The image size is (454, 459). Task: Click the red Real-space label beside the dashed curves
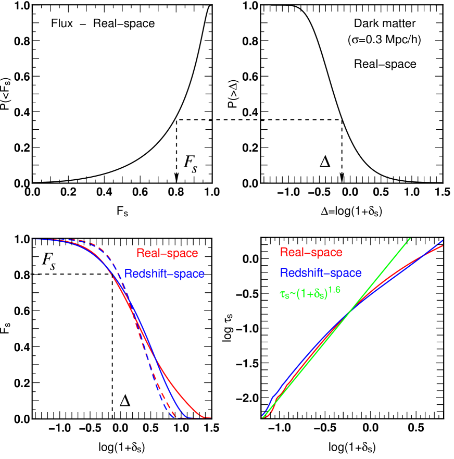click(167, 253)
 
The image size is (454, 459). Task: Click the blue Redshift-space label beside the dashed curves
click(165, 274)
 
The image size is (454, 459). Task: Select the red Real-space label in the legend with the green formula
click(311, 253)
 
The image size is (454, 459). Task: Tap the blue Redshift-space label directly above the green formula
click(321, 273)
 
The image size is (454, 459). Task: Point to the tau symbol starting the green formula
click(283, 293)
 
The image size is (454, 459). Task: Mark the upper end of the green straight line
click(410, 239)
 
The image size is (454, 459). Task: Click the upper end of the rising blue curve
click(442, 241)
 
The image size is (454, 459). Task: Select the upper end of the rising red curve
click(443, 246)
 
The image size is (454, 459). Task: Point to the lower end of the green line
click(263, 417)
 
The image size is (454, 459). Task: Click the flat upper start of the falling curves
click(36, 240)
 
